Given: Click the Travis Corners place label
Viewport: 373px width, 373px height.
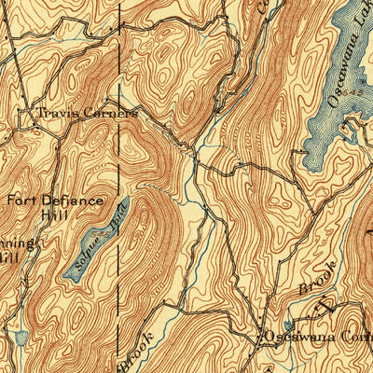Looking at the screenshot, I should click(x=87, y=113).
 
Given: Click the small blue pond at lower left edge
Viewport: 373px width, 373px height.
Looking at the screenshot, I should click(x=21, y=336).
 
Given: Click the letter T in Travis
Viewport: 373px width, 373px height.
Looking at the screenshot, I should click(x=40, y=113).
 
